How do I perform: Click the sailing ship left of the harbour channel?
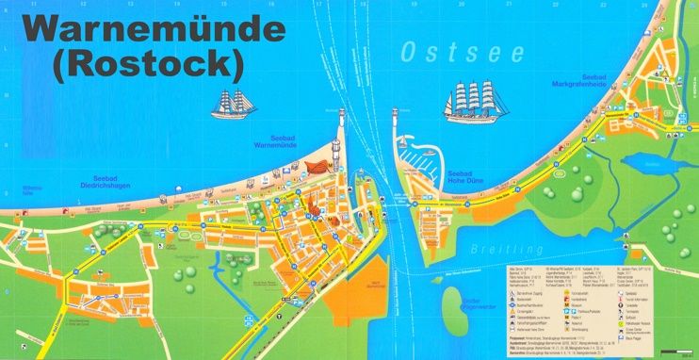click(235, 104)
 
